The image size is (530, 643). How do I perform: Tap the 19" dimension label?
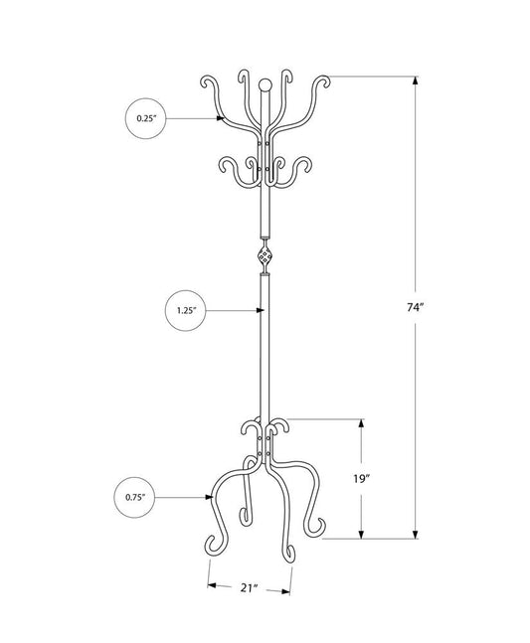[x=362, y=477]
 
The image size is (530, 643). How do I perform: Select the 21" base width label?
[x=250, y=589]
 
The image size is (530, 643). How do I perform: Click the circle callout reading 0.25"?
[x=146, y=118]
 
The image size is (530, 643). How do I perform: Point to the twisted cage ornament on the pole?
[x=265, y=256]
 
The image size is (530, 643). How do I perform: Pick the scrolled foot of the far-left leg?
[x=211, y=542]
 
